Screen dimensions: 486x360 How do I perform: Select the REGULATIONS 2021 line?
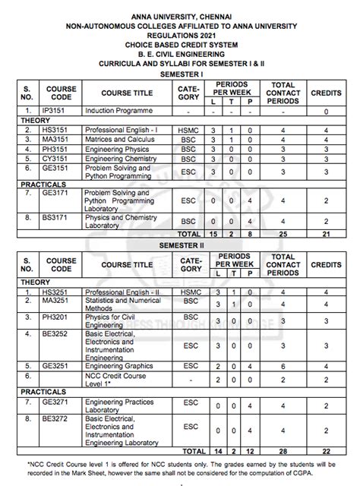(x=180, y=35)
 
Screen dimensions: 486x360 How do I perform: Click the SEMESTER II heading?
(x=180, y=247)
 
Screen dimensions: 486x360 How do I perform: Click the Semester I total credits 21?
(x=327, y=235)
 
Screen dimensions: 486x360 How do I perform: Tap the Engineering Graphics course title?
(x=117, y=365)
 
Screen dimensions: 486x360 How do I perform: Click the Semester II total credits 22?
(x=327, y=450)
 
